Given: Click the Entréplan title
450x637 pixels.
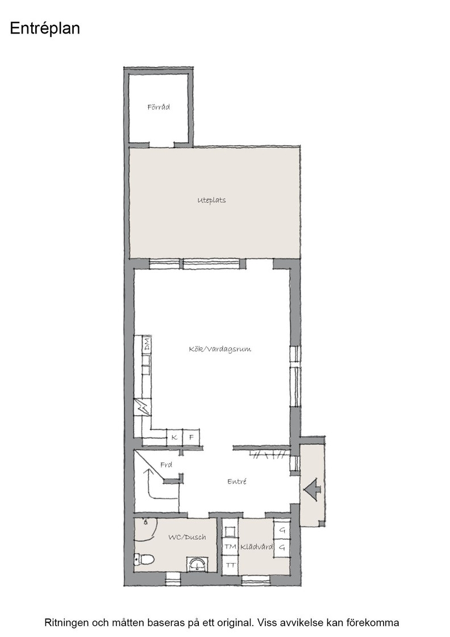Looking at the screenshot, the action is pyautogui.click(x=45, y=29).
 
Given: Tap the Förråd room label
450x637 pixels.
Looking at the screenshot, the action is pyautogui.click(x=159, y=107).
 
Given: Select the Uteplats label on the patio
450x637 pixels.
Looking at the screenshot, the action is pyautogui.click(x=211, y=200).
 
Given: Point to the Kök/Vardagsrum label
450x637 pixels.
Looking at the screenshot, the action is pyautogui.click(x=220, y=349).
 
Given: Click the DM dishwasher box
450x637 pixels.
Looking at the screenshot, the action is pyautogui.click(x=146, y=344).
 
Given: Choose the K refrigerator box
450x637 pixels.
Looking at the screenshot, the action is pyautogui.click(x=174, y=437).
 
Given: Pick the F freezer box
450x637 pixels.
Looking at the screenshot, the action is pyautogui.click(x=191, y=437).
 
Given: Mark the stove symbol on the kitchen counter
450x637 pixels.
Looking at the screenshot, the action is pyautogui.click(x=143, y=407).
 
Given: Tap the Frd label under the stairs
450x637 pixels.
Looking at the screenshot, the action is pyautogui.click(x=166, y=465).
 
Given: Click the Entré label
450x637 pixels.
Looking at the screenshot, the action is pyautogui.click(x=237, y=481).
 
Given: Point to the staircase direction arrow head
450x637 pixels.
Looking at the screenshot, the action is pyautogui.click(x=149, y=472).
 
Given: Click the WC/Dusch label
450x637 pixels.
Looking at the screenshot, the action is pyautogui.click(x=187, y=537).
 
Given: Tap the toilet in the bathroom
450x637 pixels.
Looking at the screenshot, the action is pyautogui.click(x=144, y=559).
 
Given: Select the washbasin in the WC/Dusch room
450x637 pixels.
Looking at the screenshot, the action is pyautogui.click(x=197, y=564).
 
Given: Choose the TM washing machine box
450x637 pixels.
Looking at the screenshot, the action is pyautogui.click(x=230, y=547).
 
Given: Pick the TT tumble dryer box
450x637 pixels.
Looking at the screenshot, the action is pyautogui.click(x=230, y=565).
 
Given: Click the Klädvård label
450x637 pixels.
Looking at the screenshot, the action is pyautogui.click(x=256, y=547).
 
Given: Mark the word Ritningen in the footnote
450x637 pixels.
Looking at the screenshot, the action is pyautogui.click(x=66, y=622).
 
